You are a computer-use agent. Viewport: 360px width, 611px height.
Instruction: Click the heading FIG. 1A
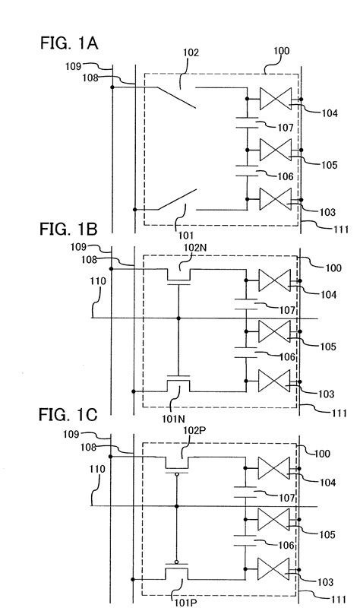click(69, 43)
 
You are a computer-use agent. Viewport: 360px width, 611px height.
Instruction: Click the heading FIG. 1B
click(68, 229)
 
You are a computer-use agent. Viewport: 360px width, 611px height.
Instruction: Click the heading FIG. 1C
click(68, 415)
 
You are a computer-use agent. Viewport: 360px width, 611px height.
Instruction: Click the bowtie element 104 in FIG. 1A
click(276, 99)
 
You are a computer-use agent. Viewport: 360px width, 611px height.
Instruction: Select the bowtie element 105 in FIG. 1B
click(275, 331)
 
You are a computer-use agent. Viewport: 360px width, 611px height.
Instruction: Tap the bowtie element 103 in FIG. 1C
click(273, 568)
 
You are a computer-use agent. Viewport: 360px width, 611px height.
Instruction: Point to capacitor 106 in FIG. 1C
click(245, 541)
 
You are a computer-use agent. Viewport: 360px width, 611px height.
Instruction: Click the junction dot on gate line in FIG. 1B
click(178, 318)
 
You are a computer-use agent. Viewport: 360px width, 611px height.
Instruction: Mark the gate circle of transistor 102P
click(177, 474)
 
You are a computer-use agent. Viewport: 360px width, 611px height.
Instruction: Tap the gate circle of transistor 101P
click(177, 562)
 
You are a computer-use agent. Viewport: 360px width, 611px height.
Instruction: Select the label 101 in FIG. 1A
click(178, 235)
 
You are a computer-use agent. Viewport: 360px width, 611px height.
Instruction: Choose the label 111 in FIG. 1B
click(339, 413)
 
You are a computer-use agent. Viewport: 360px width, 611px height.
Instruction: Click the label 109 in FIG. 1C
click(71, 434)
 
